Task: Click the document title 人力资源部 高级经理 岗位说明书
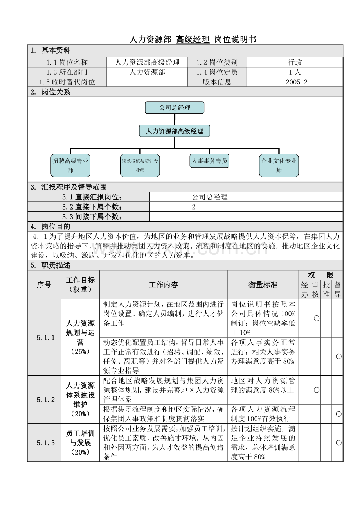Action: coord(193,39)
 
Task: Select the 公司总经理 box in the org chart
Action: coord(175,108)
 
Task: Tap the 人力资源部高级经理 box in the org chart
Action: coord(175,131)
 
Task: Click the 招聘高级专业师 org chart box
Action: coord(70,165)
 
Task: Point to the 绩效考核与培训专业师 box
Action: coord(140,165)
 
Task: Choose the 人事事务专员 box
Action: coord(209,161)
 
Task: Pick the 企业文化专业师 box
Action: coord(279,165)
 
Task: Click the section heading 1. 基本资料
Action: coord(51,50)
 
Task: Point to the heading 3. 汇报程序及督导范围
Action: coord(69,187)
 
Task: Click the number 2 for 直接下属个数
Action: coord(194,207)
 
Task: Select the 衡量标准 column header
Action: coord(263,285)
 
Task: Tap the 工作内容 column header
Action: coord(163,285)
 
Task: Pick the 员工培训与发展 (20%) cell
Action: coord(80,443)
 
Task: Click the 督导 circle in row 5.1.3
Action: coord(338,443)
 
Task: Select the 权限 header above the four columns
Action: coord(320,275)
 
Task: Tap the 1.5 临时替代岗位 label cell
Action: coord(67,82)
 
